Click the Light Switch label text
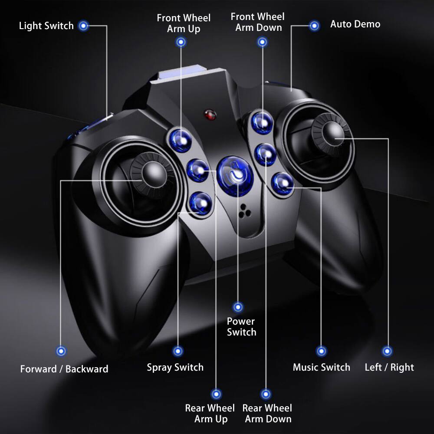pos(46,26)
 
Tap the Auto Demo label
pos(355,24)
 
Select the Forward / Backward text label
pos(64,369)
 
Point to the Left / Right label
pos(389,368)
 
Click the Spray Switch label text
pos(175,368)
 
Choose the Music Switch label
pos(321,368)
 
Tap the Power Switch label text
pos(241,327)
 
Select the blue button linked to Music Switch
pos(283,183)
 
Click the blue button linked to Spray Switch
pos(201,202)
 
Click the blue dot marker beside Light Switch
pos(84,26)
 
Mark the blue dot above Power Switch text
pos(237,307)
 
